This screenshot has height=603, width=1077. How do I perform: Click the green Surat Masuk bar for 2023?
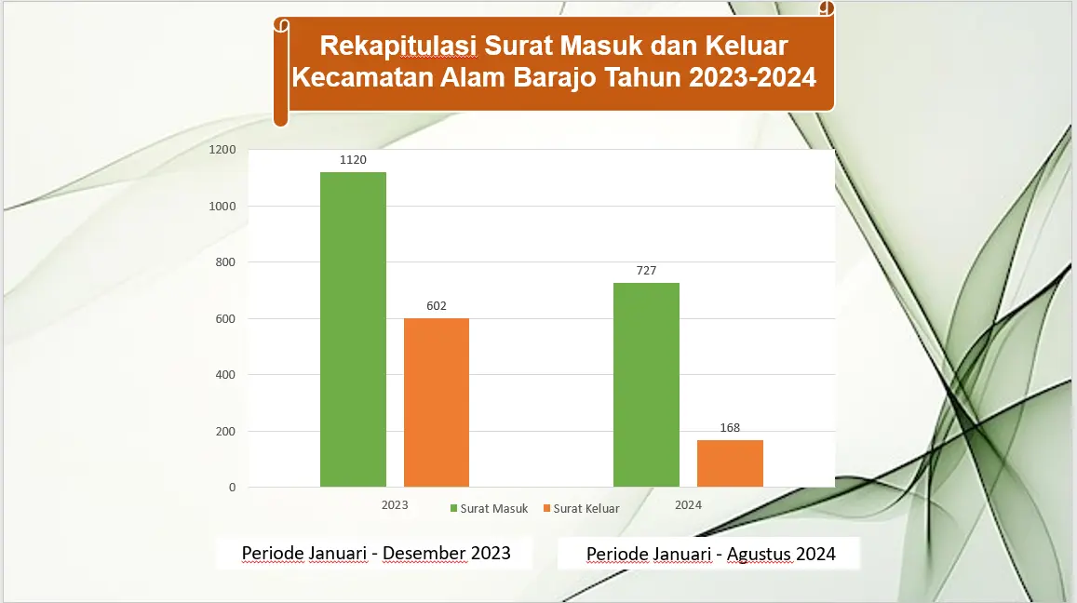353,329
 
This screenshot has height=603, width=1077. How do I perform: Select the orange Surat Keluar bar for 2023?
437,402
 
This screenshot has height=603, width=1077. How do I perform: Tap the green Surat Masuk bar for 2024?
646,384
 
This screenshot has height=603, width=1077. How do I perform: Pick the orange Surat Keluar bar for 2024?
730,463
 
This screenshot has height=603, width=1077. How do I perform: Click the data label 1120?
353,159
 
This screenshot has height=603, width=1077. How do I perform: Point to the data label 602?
437,305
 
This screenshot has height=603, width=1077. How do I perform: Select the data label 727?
646,271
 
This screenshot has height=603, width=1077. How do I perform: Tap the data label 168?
730,428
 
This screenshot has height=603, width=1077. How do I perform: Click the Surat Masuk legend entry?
489,509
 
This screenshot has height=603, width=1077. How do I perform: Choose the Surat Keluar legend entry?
581,509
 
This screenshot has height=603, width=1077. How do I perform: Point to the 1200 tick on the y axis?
222,150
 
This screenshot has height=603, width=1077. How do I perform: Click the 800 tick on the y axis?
225,262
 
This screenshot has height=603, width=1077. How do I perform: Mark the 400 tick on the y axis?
225,375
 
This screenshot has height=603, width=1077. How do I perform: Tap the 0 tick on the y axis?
232,488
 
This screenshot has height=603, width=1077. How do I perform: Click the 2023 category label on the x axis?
395,505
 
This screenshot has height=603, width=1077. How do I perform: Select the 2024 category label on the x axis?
688,505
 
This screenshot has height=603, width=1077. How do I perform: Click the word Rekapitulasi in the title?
398,46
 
